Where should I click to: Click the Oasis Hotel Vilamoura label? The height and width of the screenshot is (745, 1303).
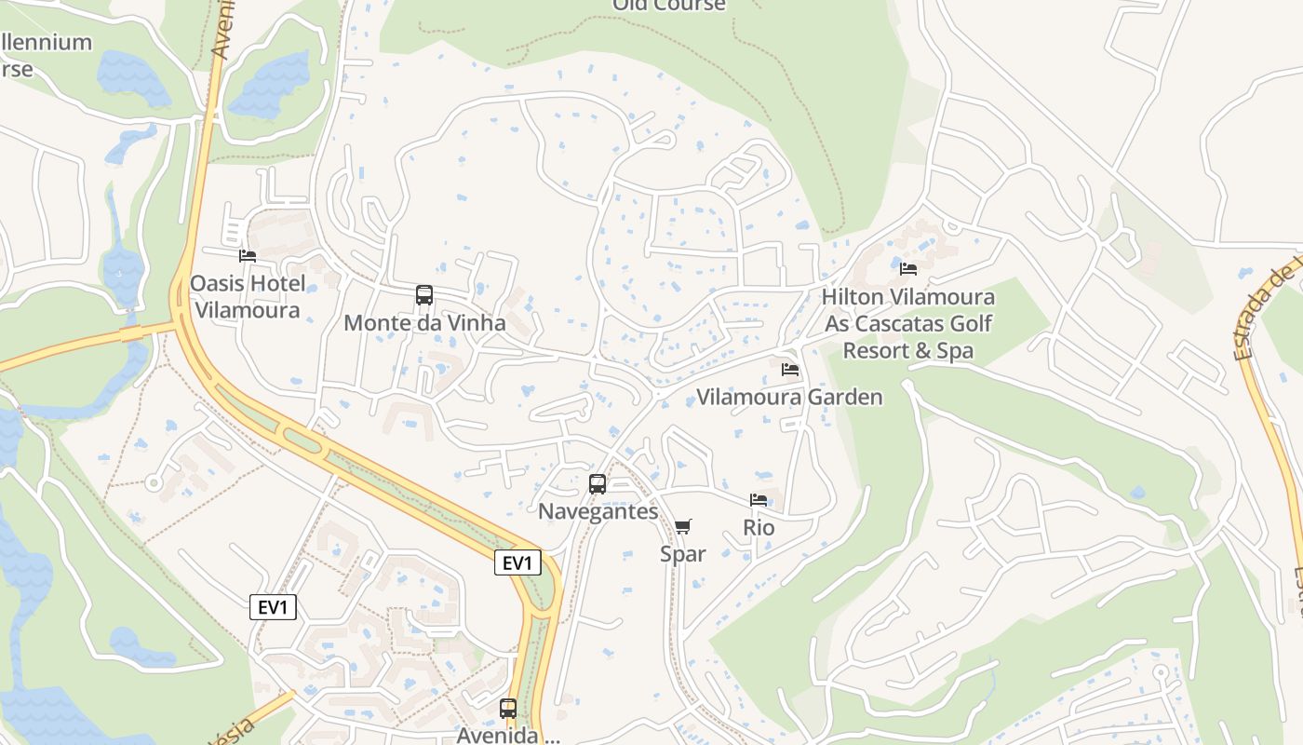[x=247, y=296]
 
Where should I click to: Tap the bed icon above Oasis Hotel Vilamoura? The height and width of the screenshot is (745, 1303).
[x=247, y=255]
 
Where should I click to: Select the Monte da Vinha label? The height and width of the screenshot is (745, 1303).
[x=424, y=323]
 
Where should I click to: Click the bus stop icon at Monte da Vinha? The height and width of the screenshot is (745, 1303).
[x=424, y=295]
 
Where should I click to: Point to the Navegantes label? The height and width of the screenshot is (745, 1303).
[x=598, y=511]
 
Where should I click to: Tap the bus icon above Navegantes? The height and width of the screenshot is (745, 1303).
[x=598, y=484]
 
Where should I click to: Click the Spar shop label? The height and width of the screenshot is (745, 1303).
[x=683, y=554]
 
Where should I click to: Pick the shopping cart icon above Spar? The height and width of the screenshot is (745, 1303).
[x=683, y=527]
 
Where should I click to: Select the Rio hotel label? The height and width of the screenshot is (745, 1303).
[x=759, y=527]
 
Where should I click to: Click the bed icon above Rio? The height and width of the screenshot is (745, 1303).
[x=759, y=500]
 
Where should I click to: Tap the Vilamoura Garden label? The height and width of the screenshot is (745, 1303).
[x=789, y=398]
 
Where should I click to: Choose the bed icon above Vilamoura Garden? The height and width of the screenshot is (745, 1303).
[x=790, y=370]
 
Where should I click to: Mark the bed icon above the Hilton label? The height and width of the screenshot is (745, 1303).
[x=908, y=269]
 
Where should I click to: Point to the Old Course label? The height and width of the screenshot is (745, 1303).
[x=668, y=6]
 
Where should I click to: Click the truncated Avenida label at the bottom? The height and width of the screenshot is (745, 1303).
[x=508, y=735]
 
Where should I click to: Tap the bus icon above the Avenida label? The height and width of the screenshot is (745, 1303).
[x=507, y=709]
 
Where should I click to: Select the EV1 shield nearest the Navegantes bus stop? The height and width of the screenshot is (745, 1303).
[x=517, y=562]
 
